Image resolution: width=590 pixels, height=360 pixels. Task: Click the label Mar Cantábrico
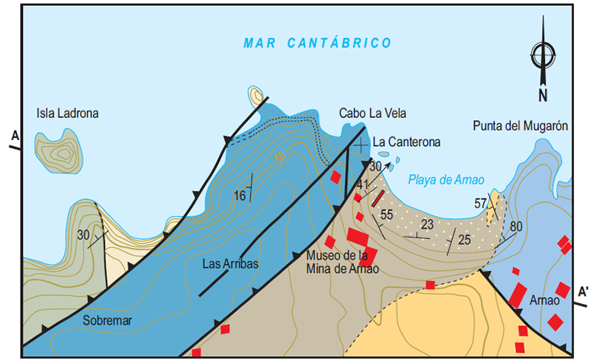coord(317,44)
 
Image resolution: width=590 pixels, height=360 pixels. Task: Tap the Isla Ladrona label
coord(68,114)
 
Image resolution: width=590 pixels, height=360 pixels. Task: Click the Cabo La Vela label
coord(372,113)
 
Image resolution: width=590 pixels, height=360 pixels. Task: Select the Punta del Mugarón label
coord(520,126)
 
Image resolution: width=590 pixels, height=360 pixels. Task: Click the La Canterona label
coord(406,142)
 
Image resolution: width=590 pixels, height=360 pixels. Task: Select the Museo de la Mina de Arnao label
coord(342,262)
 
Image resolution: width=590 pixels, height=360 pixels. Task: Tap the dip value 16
coord(239,195)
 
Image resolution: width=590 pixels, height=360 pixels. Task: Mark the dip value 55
coord(386,215)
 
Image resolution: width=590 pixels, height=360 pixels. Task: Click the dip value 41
coord(362,184)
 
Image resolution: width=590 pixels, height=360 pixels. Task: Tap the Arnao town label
coord(544,302)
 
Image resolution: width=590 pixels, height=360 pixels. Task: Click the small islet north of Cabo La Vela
coord(257,94)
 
